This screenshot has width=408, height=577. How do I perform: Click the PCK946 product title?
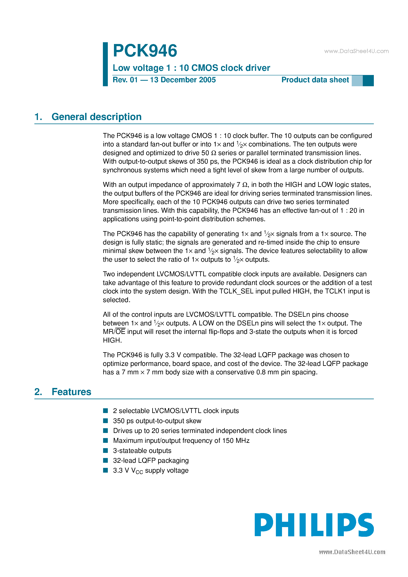coord(145,51)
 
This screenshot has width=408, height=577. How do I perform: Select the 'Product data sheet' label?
coord(315,80)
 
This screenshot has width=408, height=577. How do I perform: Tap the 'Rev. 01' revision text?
coord(125,80)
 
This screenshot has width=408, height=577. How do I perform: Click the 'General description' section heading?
coord(96,117)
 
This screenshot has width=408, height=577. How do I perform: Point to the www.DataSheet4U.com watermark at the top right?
coord(356,51)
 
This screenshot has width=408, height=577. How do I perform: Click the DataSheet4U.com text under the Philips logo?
coord(352,552)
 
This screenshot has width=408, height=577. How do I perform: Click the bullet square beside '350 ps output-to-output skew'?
coord(106,421)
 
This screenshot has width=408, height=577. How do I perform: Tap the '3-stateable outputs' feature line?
coord(142,451)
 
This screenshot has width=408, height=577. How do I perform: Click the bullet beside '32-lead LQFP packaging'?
coord(106,460)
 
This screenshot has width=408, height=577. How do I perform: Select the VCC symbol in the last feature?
coord(137,471)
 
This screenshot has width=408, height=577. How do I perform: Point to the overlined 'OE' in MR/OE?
coord(120,332)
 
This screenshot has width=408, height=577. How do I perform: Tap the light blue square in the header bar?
coord(357,81)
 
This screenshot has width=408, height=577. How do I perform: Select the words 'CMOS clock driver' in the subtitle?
coord(231,68)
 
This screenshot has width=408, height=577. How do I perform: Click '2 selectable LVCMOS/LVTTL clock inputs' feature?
coord(176,411)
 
